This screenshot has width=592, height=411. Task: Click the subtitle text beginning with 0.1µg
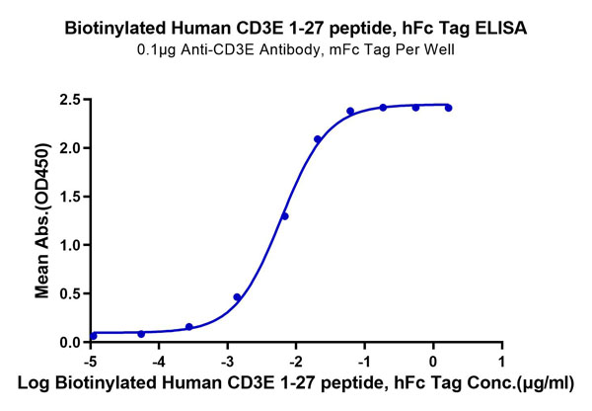(295, 52)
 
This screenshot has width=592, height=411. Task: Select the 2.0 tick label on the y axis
(68, 148)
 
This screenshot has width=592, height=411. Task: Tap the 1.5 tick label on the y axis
(68, 197)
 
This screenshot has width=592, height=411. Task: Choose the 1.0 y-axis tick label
(68, 245)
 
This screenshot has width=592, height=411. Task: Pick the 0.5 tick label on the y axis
(68, 293)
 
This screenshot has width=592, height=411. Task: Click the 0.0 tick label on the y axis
(68, 342)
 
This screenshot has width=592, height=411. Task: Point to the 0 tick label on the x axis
(433, 362)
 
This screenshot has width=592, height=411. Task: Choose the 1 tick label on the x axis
(502, 362)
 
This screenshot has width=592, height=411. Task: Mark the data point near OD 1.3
(285, 216)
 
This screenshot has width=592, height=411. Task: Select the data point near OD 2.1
(318, 139)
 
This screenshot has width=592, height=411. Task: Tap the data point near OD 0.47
(237, 296)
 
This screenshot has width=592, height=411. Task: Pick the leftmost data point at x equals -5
(93, 336)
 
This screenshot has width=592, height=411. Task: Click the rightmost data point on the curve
(448, 108)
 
